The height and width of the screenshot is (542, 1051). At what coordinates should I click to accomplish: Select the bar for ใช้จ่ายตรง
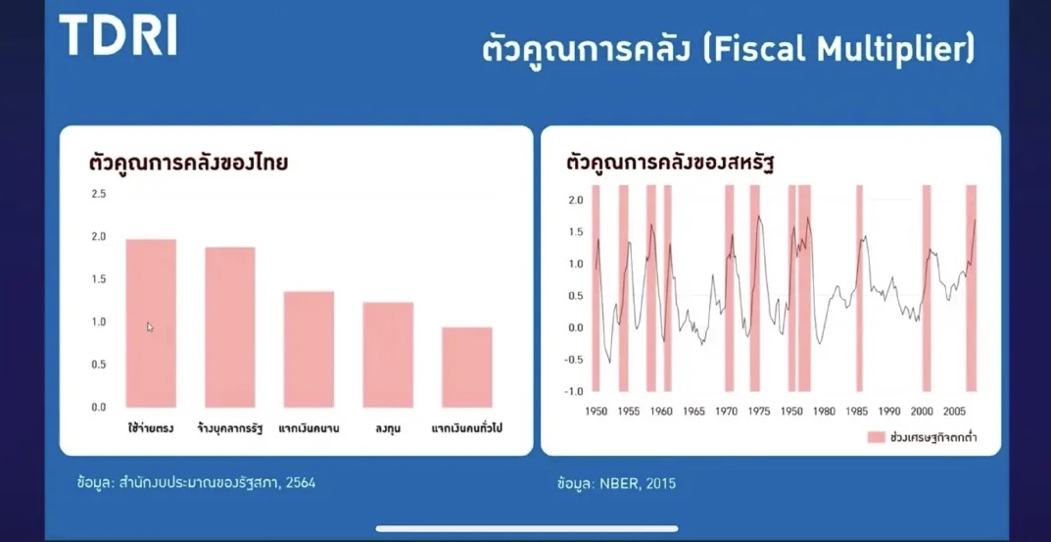[x=151, y=323]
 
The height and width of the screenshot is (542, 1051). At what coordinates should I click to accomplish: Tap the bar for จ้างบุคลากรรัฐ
[x=230, y=327]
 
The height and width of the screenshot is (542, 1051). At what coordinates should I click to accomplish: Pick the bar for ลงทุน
[x=388, y=355]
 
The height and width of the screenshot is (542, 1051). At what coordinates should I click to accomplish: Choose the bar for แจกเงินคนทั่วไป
[x=467, y=367]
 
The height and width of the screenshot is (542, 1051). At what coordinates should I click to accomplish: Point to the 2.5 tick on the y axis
[x=99, y=194]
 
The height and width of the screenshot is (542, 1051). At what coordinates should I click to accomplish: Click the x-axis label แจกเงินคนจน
[x=309, y=428]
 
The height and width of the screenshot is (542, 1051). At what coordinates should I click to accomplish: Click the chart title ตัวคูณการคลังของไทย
[x=188, y=163]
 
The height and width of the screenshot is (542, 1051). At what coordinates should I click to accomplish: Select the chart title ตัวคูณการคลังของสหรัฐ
[x=670, y=163]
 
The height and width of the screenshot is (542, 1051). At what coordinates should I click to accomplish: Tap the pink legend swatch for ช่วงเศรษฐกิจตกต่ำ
[x=876, y=437]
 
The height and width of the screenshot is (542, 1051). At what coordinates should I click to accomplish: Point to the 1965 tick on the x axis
[x=693, y=412]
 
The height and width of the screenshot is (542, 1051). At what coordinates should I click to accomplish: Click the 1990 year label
[x=889, y=412]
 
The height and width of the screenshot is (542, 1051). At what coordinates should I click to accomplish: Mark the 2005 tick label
[x=954, y=412]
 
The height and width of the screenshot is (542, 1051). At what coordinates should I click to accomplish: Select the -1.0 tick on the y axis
[x=574, y=391]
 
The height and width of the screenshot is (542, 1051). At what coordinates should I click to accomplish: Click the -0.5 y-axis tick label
[x=574, y=359]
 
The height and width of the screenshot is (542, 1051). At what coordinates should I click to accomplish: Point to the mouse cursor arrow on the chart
[x=150, y=326]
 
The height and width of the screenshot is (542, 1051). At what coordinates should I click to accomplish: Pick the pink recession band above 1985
[x=859, y=288]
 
